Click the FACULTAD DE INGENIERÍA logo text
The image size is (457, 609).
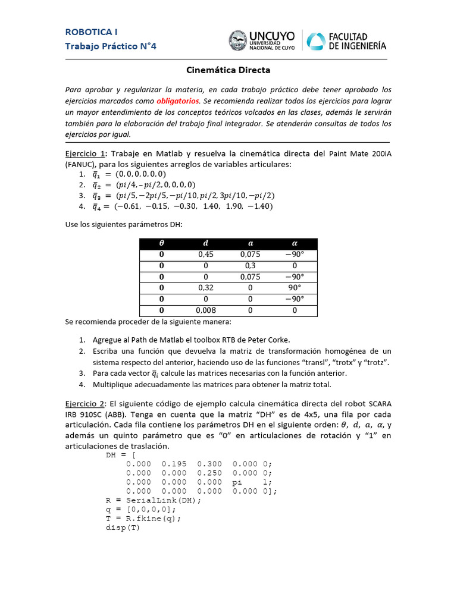[357, 41]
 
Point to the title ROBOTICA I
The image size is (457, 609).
[91, 32]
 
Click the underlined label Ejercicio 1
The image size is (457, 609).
[85, 153]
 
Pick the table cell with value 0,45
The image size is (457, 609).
[205, 255]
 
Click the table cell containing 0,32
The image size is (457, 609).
[205, 288]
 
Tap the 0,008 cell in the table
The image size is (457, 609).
[205, 310]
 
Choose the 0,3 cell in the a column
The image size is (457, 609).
[250, 266]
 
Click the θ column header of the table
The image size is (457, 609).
[161, 243]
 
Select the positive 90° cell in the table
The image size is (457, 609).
[295, 288]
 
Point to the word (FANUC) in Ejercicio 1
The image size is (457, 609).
[83, 164]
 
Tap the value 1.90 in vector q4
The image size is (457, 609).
[235, 206]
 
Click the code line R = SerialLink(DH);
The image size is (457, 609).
[154, 500]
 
